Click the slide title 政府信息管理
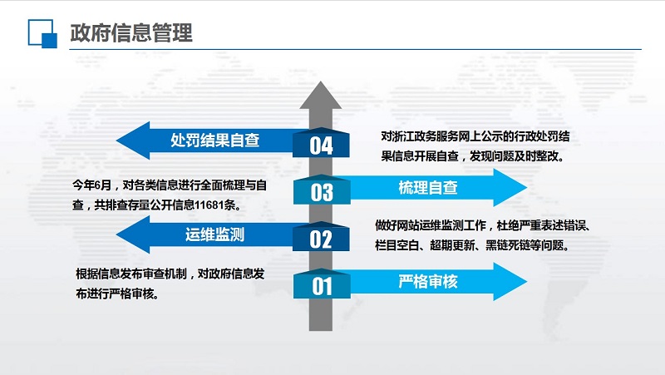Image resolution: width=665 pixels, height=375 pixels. click(131, 32)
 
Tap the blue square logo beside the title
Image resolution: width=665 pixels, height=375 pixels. click(42, 33)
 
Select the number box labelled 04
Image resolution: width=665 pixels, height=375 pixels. click(321, 143)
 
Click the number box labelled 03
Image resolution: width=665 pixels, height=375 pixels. click(322, 190)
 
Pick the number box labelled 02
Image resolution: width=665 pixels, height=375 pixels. click(321, 236)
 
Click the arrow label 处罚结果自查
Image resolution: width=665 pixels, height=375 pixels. click(215, 140)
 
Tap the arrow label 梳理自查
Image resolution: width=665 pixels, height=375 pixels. click(428, 188)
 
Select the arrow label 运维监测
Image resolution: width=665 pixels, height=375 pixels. click(215, 234)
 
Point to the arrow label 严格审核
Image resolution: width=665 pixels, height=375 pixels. click(428, 281)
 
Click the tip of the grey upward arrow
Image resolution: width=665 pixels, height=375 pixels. click(321, 81)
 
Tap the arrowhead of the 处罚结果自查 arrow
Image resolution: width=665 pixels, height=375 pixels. click(132, 141)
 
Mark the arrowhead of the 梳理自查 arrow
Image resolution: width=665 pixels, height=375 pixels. click(510, 188)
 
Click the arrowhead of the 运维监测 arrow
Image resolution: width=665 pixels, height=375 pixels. click(132, 234)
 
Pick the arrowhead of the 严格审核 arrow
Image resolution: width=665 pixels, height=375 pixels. click(510, 282)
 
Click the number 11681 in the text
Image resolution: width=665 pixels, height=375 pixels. click(209, 205)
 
